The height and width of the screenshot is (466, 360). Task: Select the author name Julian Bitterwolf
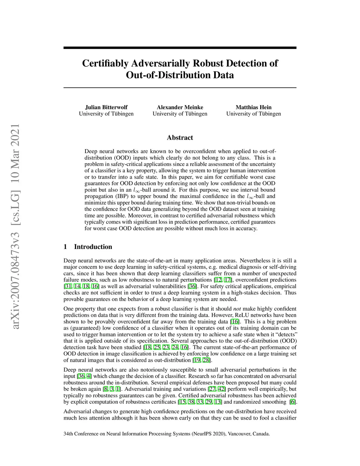(106, 107)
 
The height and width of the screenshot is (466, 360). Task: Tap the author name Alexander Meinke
(180, 107)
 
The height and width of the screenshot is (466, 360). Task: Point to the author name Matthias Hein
(253, 107)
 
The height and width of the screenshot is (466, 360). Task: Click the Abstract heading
(180, 138)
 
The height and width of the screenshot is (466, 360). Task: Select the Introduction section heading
(93, 247)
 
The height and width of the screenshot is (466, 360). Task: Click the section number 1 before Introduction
(65, 247)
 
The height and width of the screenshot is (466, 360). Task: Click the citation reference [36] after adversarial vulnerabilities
(192, 286)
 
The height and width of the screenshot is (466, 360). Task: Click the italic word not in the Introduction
(237, 309)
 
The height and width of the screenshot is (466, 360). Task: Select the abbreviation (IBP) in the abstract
(130, 196)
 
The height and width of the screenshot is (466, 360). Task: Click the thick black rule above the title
(180, 47)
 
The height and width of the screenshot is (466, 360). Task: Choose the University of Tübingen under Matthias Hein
(253, 114)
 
